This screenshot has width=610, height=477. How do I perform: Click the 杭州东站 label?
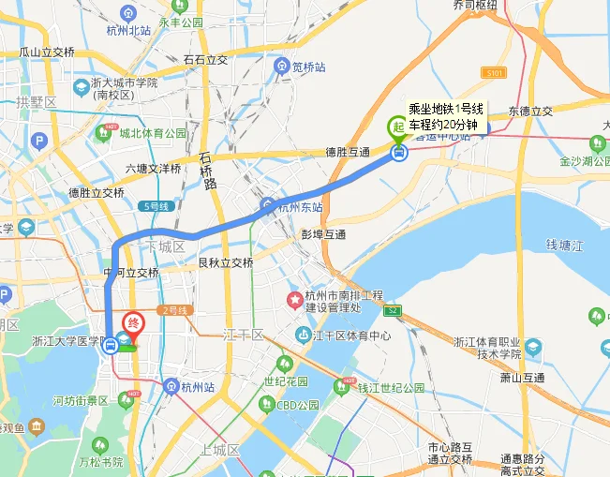click(x=301, y=207)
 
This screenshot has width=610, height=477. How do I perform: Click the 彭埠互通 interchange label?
click(x=323, y=234)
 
